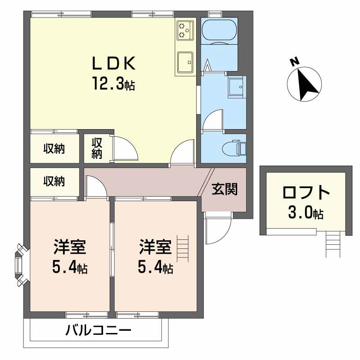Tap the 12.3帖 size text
pos(113,84)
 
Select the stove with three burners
pos(184,30)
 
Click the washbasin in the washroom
pos(236,87)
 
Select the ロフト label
pos(306,193)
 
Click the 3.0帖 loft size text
pos(306,213)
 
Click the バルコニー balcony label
pos(99,332)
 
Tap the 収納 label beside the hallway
pos(54,181)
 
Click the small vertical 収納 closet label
pos(97,148)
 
